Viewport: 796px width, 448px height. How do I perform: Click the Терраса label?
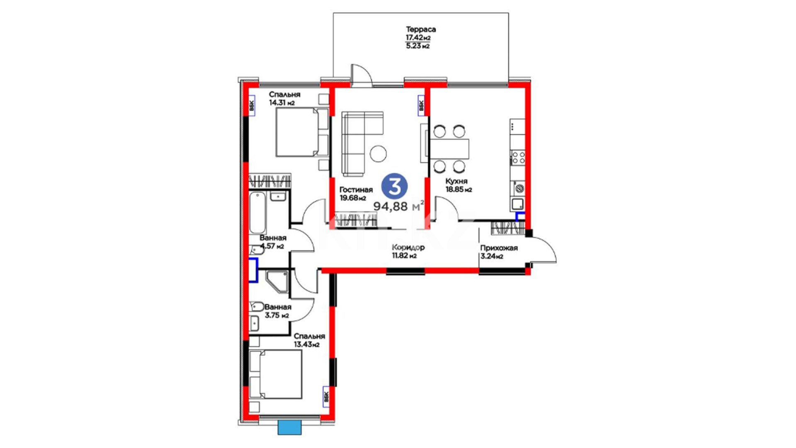point(421,29)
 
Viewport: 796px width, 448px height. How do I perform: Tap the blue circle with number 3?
point(394,186)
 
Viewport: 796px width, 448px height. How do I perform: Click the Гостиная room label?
point(356,190)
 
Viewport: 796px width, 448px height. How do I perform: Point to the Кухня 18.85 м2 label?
point(459,185)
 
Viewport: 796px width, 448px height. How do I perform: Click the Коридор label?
point(408,248)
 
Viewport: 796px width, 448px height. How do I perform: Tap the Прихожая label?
point(499,248)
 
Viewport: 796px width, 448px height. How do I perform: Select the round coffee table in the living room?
point(378,153)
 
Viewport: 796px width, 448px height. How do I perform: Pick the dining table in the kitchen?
point(449,149)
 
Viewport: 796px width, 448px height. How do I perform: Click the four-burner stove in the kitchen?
point(518,157)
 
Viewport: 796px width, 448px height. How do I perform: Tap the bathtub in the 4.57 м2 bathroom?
point(257,212)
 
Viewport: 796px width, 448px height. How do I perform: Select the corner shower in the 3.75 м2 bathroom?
point(277,282)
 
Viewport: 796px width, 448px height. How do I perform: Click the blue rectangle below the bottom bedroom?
point(289,428)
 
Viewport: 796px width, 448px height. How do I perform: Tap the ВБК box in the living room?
point(421,106)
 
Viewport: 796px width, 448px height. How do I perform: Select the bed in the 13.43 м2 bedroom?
point(275,374)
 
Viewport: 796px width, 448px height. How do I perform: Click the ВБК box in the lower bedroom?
point(326,397)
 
